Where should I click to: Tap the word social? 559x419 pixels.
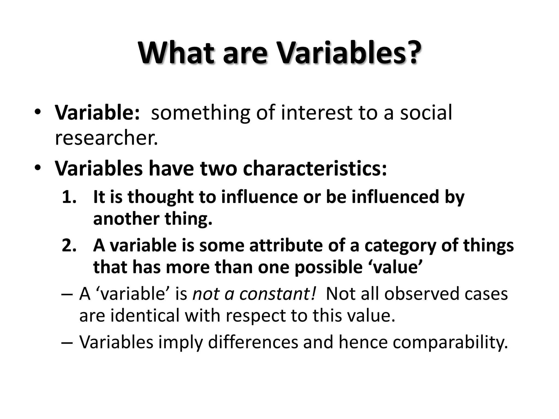pos(426,112)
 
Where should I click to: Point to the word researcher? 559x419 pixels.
pos(106,138)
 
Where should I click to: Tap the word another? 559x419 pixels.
pos(126,219)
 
